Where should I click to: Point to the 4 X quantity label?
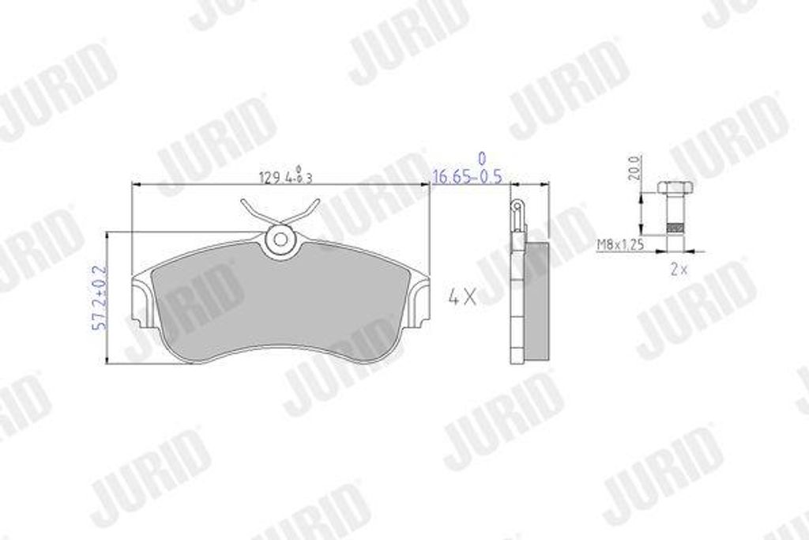[461, 298]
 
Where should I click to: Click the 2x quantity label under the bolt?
[678, 269]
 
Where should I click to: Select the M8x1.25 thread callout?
[621, 246]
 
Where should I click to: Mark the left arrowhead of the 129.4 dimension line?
[135, 185]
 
